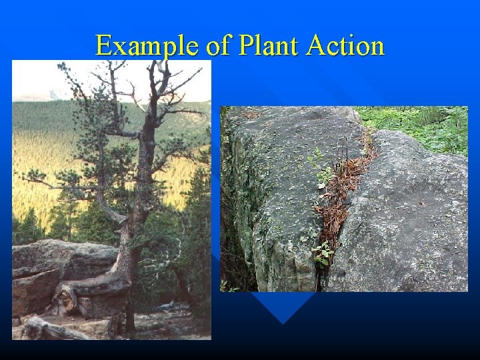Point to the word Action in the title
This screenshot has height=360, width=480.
pyautogui.click(x=346, y=46)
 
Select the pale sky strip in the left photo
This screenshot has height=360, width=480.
pyautogui.click(x=40, y=80)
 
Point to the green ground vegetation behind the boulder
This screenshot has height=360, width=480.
pyautogui.click(x=420, y=123)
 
